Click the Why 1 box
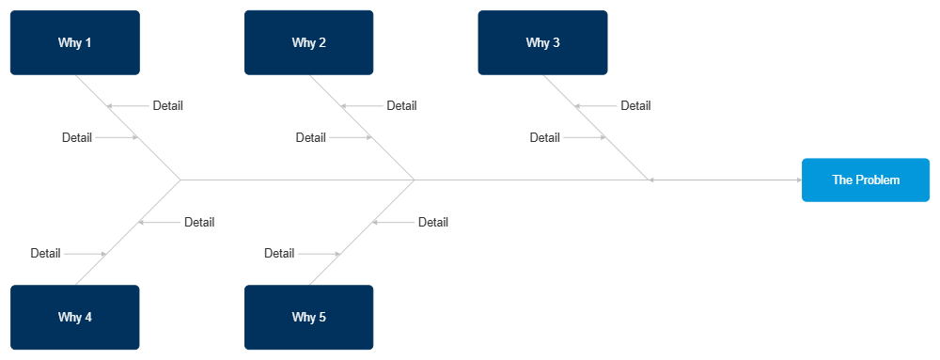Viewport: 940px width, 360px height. (74, 42)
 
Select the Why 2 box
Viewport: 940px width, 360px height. (309, 42)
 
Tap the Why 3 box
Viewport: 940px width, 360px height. (542, 42)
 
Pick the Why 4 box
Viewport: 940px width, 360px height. (74, 317)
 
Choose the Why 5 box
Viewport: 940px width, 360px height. (309, 317)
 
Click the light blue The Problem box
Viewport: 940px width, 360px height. (866, 180)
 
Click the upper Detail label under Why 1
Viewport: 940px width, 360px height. (168, 106)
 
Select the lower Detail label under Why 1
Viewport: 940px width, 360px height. (77, 137)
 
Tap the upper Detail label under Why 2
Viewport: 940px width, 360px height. (401, 106)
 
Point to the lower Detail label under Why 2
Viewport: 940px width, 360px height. (311, 137)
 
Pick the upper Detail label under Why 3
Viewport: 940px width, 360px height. (635, 106)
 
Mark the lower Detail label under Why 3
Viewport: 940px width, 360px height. (545, 137)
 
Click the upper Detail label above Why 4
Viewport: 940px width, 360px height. (199, 223)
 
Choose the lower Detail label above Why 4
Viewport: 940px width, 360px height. (45, 254)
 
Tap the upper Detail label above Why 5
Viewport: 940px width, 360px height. (433, 223)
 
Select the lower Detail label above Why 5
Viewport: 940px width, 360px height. (279, 254)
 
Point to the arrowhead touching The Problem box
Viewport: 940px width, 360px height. (798, 180)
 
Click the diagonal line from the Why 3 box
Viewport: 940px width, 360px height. (595, 127)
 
